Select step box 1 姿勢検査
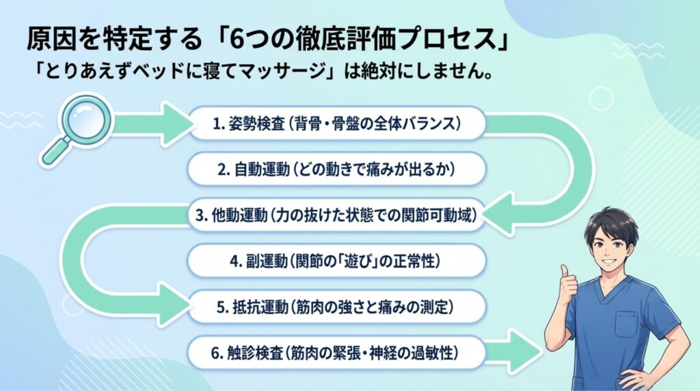tap(336, 124)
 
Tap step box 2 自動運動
tap(336, 170)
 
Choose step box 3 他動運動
tap(336, 215)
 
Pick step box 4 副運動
tap(336, 261)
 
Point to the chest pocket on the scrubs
tap(630, 323)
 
